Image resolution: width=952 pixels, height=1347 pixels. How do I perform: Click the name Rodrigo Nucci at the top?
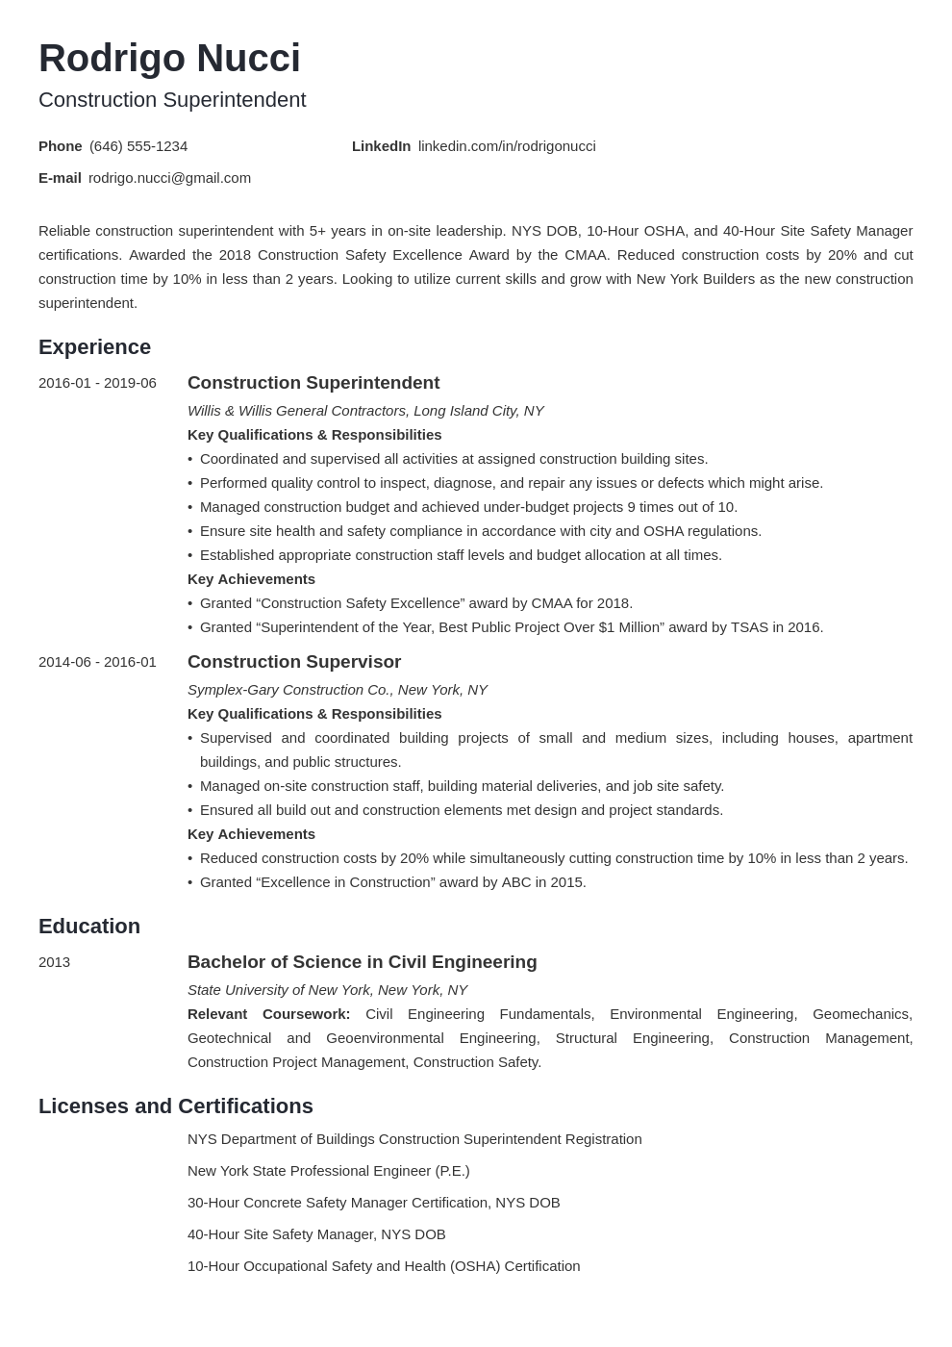pyautogui.click(x=169, y=59)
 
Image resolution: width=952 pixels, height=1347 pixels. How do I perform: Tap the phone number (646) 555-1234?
pyautogui.click(x=138, y=146)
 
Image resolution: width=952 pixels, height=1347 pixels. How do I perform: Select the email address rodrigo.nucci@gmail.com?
pyautogui.click(x=169, y=178)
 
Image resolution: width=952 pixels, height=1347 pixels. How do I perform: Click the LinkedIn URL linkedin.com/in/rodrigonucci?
pyautogui.click(x=507, y=146)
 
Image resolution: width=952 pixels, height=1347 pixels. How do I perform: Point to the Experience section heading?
pyautogui.click(x=94, y=347)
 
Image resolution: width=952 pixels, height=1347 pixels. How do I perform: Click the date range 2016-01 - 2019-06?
pyautogui.click(x=97, y=383)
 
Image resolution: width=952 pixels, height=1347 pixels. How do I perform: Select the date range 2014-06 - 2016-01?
pyautogui.click(x=97, y=662)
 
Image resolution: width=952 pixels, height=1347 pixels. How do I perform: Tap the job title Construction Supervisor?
pyautogui.click(x=294, y=662)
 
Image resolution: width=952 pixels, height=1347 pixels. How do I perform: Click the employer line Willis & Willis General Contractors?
pyautogui.click(x=365, y=411)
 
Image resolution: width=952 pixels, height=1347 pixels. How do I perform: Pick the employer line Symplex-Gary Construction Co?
pyautogui.click(x=337, y=690)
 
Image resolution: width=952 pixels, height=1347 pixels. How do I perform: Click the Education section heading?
pyautogui.click(x=89, y=927)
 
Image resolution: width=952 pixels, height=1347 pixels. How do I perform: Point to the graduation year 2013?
pyautogui.click(x=54, y=962)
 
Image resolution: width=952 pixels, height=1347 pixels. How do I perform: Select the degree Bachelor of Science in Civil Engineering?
pyautogui.click(x=362, y=962)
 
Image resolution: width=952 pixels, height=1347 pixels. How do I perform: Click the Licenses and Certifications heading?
pyautogui.click(x=176, y=1106)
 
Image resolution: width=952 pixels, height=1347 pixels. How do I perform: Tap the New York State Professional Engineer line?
pyautogui.click(x=328, y=1171)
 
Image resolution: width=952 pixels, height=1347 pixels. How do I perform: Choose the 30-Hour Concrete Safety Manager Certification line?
pyautogui.click(x=373, y=1203)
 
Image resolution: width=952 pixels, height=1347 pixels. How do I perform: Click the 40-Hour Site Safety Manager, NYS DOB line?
pyautogui.click(x=316, y=1234)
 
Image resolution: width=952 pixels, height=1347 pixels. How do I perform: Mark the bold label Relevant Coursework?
pyautogui.click(x=268, y=1014)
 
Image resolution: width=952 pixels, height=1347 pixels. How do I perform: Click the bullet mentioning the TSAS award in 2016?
pyautogui.click(x=511, y=627)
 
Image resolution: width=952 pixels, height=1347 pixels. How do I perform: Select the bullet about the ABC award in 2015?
pyautogui.click(x=392, y=882)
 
